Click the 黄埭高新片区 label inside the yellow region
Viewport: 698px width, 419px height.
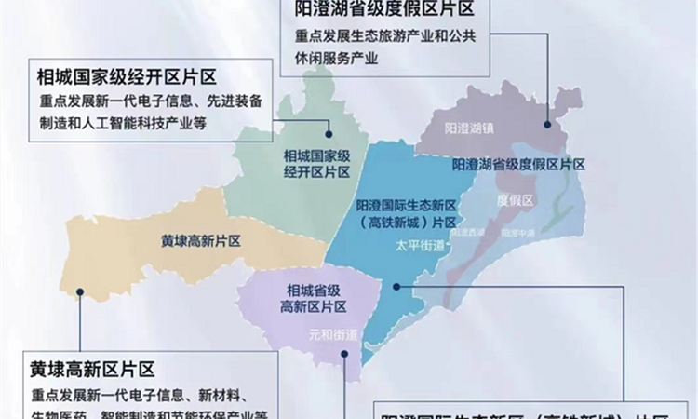click(201, 240)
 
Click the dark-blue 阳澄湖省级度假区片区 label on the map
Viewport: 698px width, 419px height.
click(518, 165)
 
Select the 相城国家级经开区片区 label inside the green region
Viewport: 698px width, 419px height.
click(317, 164)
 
